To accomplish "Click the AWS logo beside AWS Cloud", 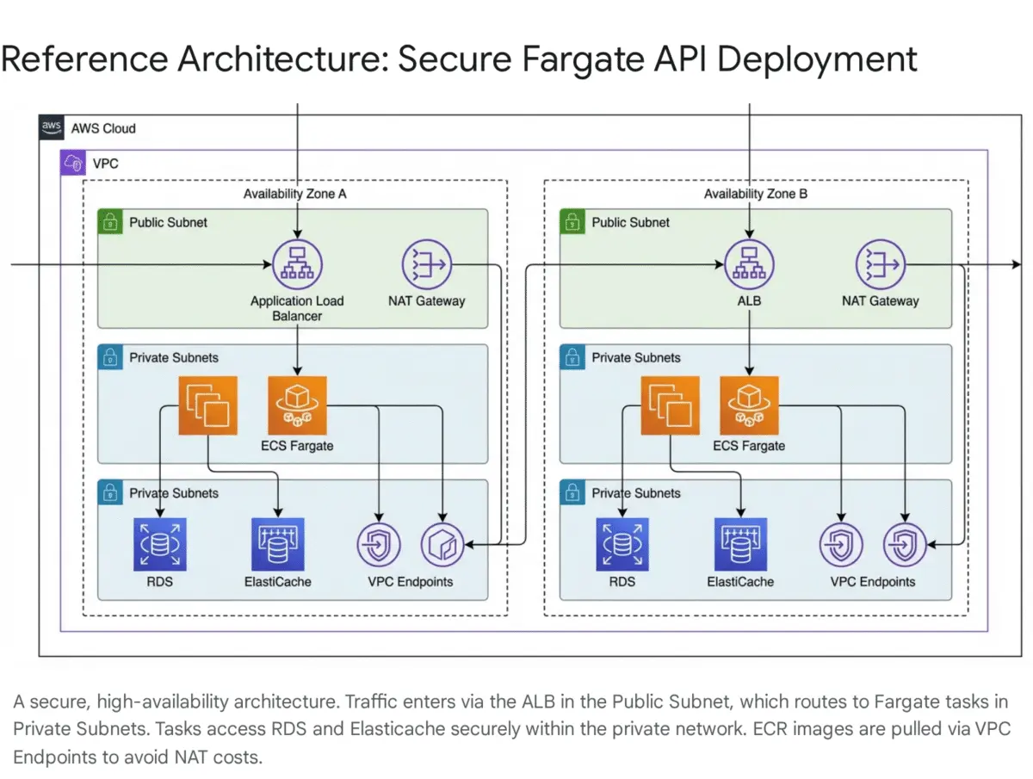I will (x=52, y=128).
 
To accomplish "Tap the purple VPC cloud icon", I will (x=72, y=162).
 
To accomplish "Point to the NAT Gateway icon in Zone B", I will (x=880, y=264).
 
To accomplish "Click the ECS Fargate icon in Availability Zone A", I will (x=297, y=405).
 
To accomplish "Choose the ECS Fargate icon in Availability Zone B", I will (x=749, y=405).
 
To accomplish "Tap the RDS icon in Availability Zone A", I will (x=160, y=544).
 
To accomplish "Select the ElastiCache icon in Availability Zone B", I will (x=740, y=544).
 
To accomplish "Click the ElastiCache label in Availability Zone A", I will (x=277, y=582).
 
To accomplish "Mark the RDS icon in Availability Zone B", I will (x=622, y=544).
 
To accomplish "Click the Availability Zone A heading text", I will (x=294, y=194).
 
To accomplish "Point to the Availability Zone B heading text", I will (x=756, y=194).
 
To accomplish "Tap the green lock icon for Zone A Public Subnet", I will (x=110, y=222).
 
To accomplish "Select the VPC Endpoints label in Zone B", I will (x=872, y=582).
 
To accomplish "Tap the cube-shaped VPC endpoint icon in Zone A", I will (x=442, y=544).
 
